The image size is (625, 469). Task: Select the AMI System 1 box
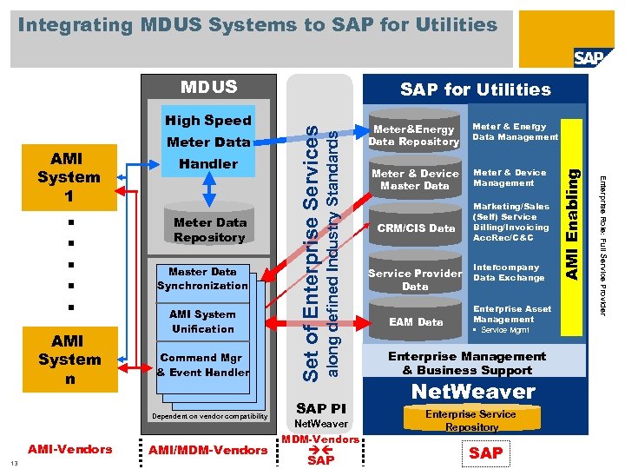click(x=69, y=178)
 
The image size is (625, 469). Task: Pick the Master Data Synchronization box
click(x=202, y=279)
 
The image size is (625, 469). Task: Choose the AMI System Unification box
click(x=202, y=321)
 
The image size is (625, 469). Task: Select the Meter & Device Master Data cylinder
click(x=414, y=178)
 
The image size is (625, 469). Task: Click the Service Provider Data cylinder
click(x=414, y=277)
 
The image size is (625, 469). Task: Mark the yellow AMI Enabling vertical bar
click(x=572, y=224)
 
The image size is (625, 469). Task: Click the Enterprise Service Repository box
click(x=471, y=420)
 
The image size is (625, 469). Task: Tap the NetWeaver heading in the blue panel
click(x=472, y=391)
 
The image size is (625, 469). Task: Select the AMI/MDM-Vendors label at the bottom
click(x=207, y=450)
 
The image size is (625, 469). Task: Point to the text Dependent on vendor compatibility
click(x=209, y=417)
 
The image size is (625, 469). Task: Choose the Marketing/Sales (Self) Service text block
click(x=510, y=222)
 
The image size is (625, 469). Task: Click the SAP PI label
click(x=320, y=408)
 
